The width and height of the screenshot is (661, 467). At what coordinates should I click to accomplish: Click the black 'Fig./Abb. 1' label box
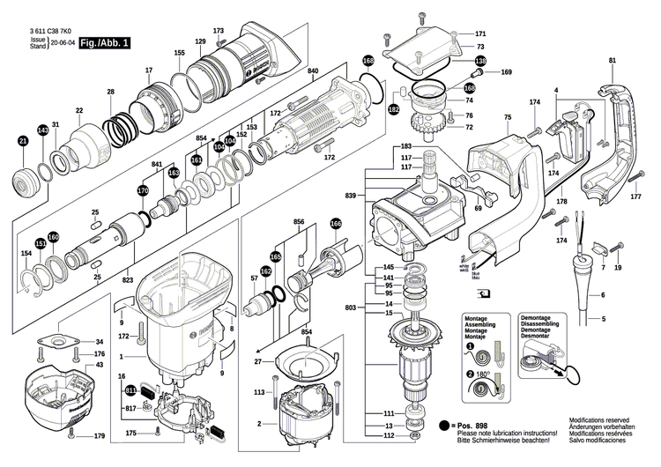pyautogui.click(x=104, y=42)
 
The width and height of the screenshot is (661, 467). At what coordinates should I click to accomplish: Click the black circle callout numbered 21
pyautogui.click(x=23, y=140)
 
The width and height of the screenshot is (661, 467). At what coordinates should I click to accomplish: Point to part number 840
pyautogui.click(x=313, y=70)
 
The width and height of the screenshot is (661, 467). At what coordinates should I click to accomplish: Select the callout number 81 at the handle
pyautogui.click(x=612, y=60)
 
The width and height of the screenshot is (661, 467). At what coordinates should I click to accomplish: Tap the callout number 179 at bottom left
pyautogui.click(x=99, y=437)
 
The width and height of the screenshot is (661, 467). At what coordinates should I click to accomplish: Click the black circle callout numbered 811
pyautogui.click(x=131, y=389)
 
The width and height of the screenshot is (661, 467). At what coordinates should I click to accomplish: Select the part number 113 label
pyautogui.click(x=260, y=391)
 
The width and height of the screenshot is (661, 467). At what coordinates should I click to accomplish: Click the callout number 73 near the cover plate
pyautogui.click(x=480, y=46)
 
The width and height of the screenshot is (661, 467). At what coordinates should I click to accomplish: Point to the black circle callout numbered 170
pyautogui.click(x=143, y=190)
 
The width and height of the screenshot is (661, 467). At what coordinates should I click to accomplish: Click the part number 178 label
pyautogui.click(x=561, y=203)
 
